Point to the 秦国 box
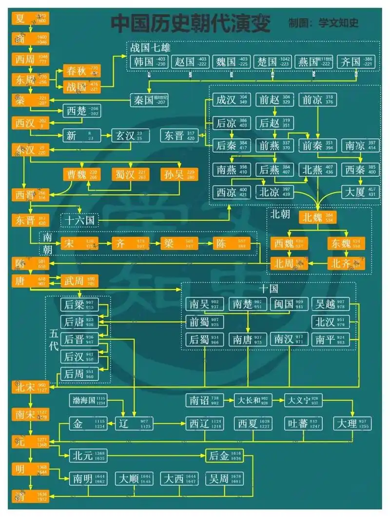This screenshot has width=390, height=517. click(x=149, y=100)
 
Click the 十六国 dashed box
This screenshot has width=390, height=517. click(x=79, y=221)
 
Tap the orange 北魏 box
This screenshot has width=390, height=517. click(x=317, y=217)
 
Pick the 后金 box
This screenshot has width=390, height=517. click(x=224, y=456)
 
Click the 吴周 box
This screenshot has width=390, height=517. click(x=224, y=478)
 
